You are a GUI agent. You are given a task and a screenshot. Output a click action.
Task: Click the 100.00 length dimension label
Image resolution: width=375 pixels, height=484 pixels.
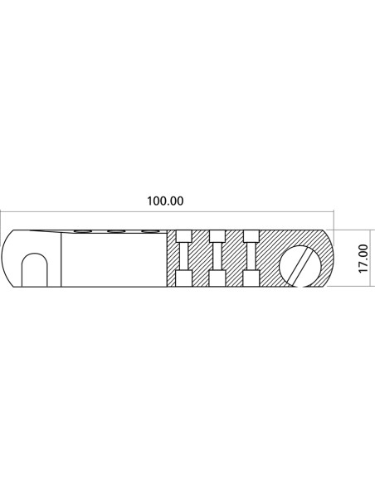(165, 201)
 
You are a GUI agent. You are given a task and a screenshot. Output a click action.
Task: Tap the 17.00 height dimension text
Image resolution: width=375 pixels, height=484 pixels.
(363, 259)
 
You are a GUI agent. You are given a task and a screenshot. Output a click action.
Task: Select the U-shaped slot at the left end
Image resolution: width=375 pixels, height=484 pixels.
(34, 270)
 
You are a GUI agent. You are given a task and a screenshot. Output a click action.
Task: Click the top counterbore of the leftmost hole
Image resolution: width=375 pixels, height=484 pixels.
(183, 236)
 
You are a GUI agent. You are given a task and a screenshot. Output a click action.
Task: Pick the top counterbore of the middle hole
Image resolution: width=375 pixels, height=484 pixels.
(217, 236)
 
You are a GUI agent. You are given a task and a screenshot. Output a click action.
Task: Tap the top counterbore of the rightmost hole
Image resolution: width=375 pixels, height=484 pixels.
(251, 236)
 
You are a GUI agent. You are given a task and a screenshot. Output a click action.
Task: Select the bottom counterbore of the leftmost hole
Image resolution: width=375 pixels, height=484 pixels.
(183, 278)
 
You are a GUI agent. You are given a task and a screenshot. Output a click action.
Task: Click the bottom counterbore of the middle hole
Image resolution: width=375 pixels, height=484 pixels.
(217, 278)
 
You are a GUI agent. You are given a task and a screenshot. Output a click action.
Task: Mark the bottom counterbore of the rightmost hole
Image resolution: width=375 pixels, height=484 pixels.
(251, 278)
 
